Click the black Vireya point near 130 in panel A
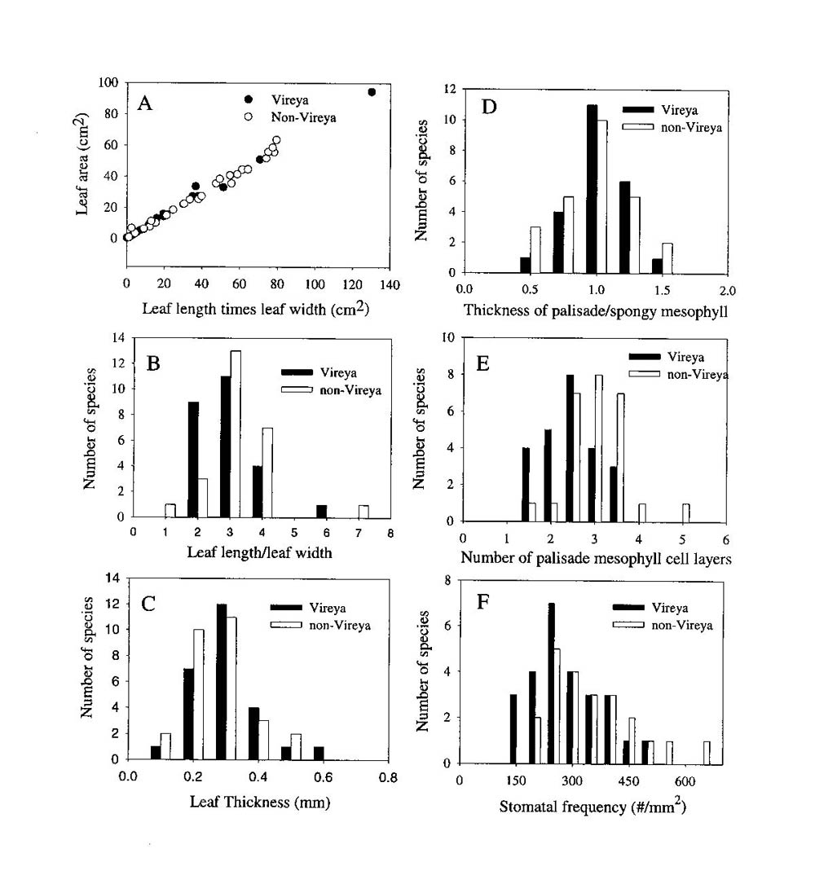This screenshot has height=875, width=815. (372, 92)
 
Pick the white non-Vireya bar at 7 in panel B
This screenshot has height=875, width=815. (363, 511)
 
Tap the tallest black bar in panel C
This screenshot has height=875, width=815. (221, 681)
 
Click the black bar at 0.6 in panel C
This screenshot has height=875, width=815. (319, 753)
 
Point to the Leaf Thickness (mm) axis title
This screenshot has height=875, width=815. (251, 801)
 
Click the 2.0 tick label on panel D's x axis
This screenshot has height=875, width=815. (728, 289)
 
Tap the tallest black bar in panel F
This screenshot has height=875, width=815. (552, 684)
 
